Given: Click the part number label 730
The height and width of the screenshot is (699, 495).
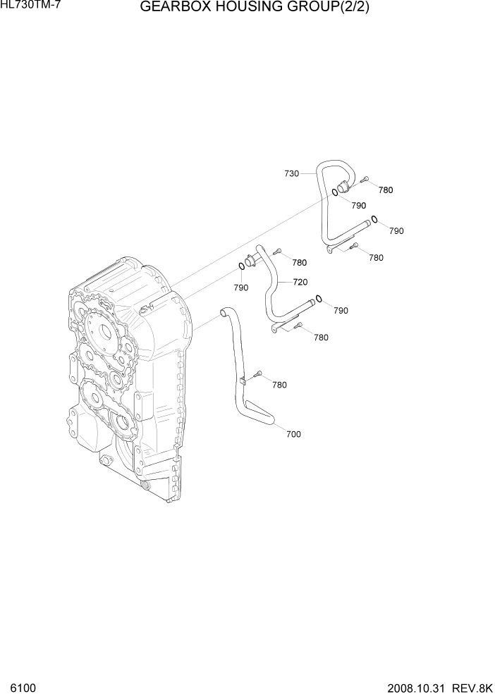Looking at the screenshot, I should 291,173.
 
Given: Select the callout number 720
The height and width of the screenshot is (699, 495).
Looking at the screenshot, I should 300,282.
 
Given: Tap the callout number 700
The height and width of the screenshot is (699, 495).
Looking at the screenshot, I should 293,434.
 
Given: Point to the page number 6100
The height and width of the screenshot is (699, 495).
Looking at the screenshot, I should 22,687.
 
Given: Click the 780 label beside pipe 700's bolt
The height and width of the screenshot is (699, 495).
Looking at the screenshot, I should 279,385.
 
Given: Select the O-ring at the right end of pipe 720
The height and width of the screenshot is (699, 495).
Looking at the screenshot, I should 319,299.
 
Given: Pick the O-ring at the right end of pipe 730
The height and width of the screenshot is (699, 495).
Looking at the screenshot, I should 375,219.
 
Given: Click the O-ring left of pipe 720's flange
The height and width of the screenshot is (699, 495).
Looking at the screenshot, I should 241,266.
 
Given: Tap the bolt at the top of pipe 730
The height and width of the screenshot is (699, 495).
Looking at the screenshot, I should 365,180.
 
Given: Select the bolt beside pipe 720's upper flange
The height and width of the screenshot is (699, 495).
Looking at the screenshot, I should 277,252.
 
